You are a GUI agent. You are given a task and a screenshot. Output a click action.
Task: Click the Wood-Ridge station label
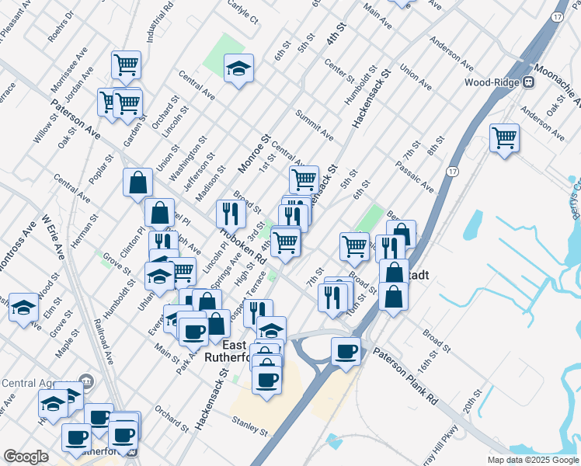[x=492, y=82]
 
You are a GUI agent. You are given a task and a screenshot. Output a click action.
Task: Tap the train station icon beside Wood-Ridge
[x=528, y=82]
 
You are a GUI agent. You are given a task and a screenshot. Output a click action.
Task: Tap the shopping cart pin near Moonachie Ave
[x=505, y=138]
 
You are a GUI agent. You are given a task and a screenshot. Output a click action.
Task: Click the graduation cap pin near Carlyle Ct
[x=239, y=68]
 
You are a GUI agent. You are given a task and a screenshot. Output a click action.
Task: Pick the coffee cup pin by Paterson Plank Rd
[x=346, y=351]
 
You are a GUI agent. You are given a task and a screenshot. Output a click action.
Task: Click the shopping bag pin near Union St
[x=137, y=183]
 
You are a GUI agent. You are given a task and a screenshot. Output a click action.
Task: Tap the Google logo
[x=26, y=457]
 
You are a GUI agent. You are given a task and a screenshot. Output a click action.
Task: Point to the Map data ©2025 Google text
[x=533, y=461]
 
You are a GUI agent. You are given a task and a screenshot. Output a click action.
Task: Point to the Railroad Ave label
[x=103, y=339]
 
